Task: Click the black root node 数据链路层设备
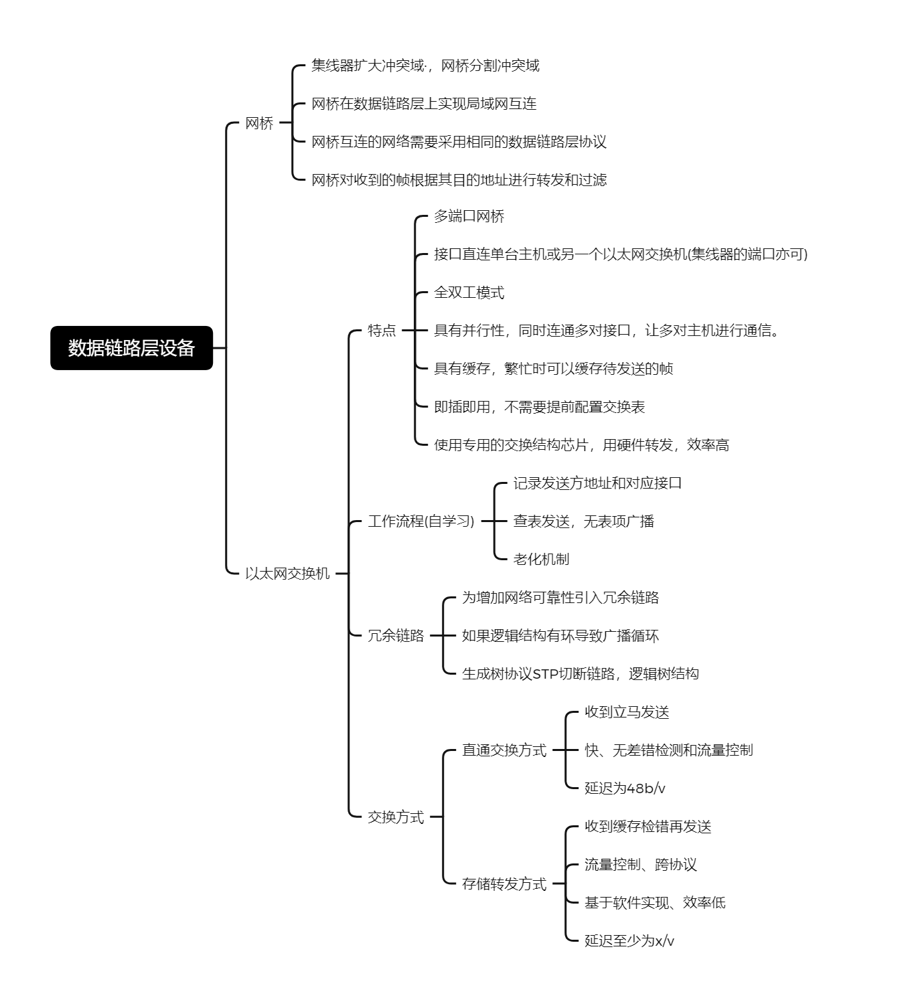click(x=131, y=348)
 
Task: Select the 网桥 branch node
click(x=259, y=123)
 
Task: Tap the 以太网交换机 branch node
click(x=287, y=573)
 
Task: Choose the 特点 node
click(x=382, y=331)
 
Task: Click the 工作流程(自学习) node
click(x=420, y=521)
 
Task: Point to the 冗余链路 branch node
click(x=396, y=635)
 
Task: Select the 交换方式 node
click(x=396, y=817)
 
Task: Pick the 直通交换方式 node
click(x=504, y=750)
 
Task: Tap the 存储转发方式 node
click(x=504, y=884)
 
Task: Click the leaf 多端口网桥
click(x=469, y=216)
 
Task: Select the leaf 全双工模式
click(x=469, y=292)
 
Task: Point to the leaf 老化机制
click(x=541, y=559)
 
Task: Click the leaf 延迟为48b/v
click(x=625, y=788)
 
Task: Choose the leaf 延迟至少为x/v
click(x=629, y=941)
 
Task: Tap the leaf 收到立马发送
click(x=627, y=712)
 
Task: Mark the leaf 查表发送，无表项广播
click(x=584, y=521)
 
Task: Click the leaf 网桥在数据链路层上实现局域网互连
click(x=424, y=104)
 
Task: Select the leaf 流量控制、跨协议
click(x=640, y=865)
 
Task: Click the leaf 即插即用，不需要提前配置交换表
click(x=539, y=407)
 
